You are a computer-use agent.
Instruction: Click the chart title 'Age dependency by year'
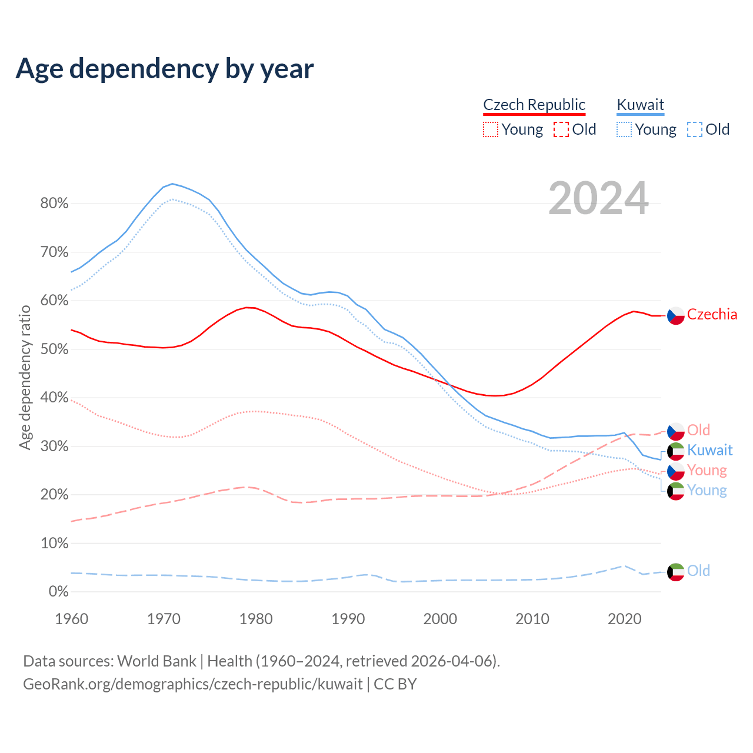[165, 69]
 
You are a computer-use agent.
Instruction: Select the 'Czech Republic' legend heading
[534, 105]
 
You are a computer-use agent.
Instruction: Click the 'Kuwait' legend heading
[640, 105]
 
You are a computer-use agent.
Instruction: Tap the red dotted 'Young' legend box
[491, 129]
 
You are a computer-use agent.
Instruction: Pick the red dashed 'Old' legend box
[561, 129]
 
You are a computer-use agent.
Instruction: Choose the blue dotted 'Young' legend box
[624, 129]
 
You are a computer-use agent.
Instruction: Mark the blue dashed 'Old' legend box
[695, 129]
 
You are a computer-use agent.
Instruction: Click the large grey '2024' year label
[598, 199]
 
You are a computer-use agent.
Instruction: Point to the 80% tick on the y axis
[54, 204]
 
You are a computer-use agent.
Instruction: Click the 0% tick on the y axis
[58, 591]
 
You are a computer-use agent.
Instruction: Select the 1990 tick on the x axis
[348, 619]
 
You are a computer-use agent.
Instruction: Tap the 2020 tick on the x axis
[624, 619]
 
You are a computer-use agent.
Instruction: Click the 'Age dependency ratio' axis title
[25, 377]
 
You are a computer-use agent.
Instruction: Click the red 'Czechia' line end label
[712, 314]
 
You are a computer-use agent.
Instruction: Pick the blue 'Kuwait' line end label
[709, 450]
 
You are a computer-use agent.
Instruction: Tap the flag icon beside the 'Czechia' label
[676, 316]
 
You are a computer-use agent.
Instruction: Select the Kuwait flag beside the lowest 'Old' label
[676, 572]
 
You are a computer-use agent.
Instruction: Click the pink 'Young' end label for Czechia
[707, 470]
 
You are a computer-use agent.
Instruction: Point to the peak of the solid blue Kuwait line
[172, 184]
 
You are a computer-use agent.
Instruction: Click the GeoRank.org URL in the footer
[193, 684]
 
